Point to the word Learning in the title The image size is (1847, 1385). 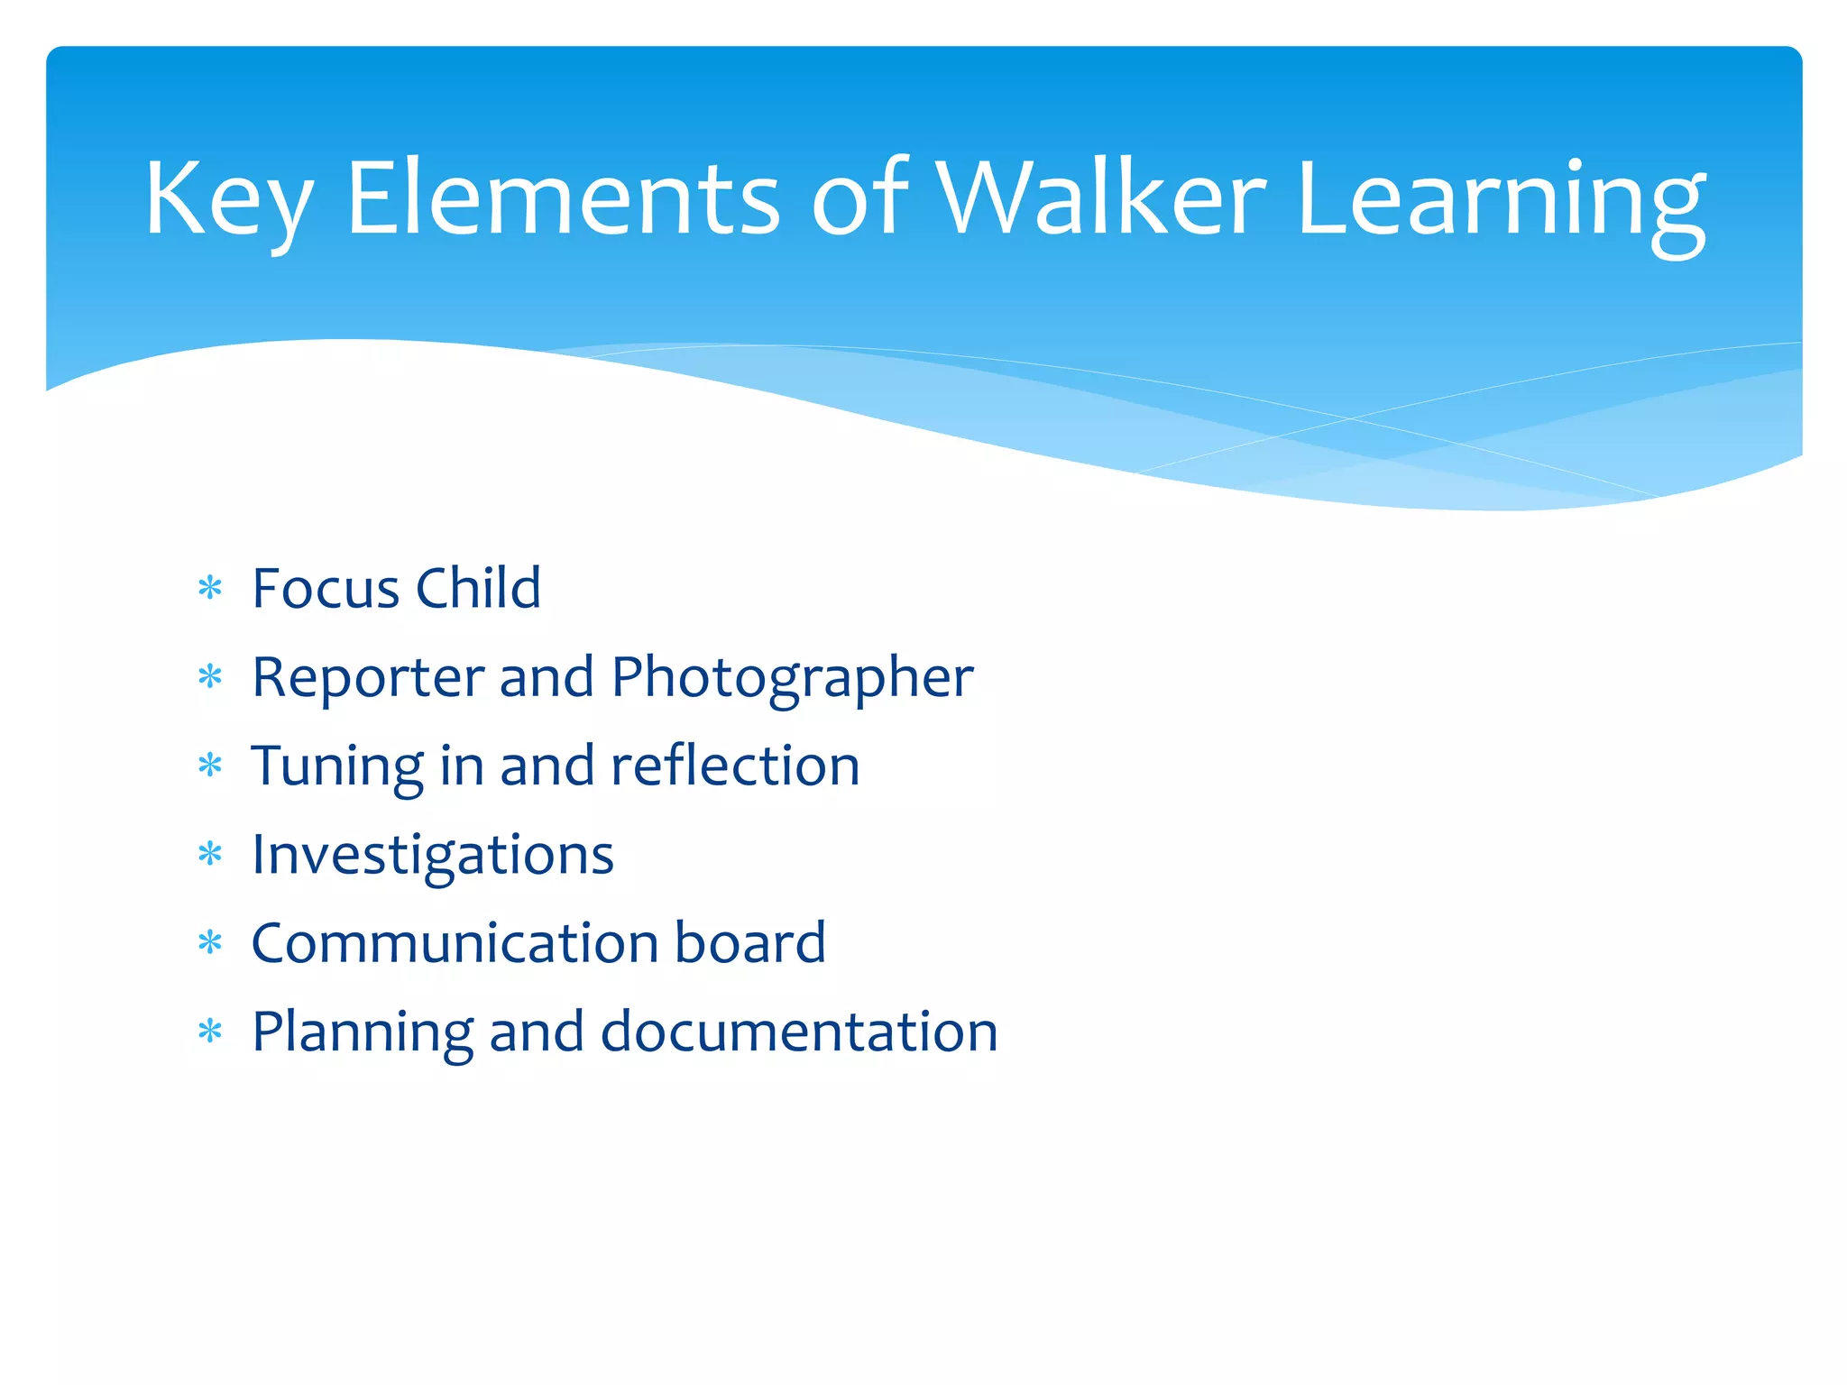click(1501, 203)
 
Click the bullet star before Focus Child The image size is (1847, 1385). click(210, 589)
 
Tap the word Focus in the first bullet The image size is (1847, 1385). click(326, 589)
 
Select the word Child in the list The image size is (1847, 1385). click(478, 589)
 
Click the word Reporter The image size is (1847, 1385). click(368, 678)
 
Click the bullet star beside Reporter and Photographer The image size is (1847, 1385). click(210, 676)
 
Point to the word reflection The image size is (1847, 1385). click(735, 766)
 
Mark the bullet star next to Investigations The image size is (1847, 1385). click(210, 853)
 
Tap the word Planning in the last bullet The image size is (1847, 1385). click(362, 1033)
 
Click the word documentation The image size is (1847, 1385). click(799, 1032)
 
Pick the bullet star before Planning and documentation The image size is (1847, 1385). click(210, 1031)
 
